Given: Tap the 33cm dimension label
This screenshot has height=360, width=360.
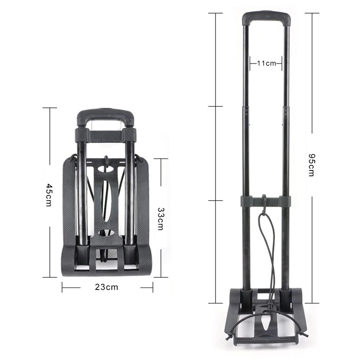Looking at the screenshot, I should [160, 218].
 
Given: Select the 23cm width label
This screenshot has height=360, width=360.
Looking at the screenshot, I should [106, 287].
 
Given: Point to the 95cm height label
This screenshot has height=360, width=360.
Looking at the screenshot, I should [311, 165].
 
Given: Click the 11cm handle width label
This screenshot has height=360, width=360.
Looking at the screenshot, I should [266, 64].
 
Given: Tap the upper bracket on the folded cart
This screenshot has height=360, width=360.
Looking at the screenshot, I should [105, 135].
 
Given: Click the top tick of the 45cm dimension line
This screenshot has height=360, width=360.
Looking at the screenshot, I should [50, 108].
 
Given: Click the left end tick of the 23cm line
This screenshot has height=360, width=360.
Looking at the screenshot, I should [62, 287].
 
